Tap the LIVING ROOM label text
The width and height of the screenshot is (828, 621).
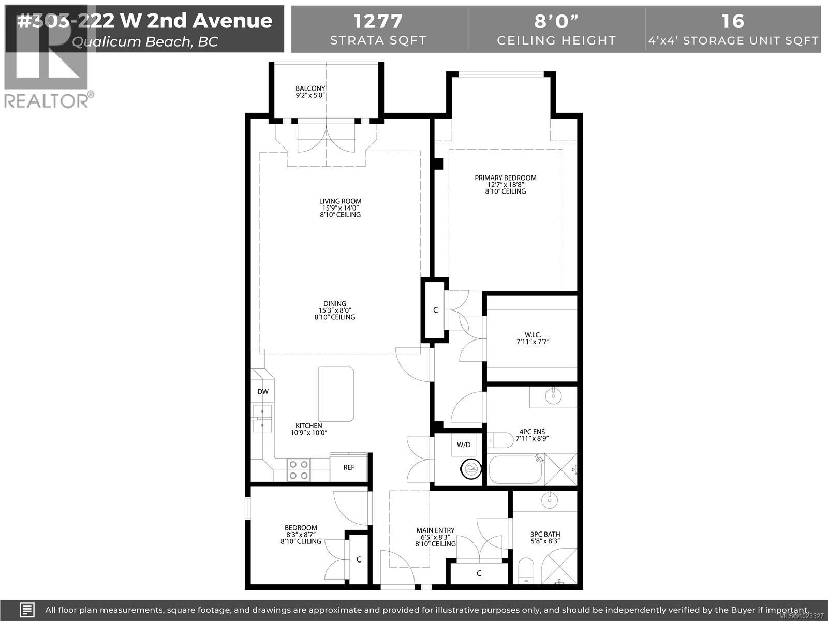pyautogui.click(x=340, y=201)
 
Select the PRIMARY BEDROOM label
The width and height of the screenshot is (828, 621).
pyautogui.click(x=506, y=178)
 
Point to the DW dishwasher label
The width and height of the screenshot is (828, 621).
pyautogui.click(x=263, y=392)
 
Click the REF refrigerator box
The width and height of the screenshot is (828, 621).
pyautogui.click(x=349, y=467)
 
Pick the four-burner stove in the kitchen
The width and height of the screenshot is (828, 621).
pyautogui.click(x=299, y=470)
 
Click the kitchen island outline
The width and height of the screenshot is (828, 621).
pyautogui.click(x=336, y=393)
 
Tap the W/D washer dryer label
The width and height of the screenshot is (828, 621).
pyautogui.click(x=464, y=445)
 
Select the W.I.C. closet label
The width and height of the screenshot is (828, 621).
pyautogui.click(x=532, y=335)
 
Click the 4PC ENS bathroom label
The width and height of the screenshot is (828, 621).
pyautogui.click(x=532, y=432)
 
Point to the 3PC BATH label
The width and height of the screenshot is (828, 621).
pyautogui.click(x=545, y=534)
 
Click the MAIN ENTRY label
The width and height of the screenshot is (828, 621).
pyautogui.click(x=435, y=530)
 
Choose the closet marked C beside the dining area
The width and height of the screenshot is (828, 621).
pyautogui.click(x=435, y=310)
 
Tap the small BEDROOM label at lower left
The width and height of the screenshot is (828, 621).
pyautogui.click(x=302, y=528)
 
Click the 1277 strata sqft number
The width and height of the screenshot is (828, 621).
pyautogui.click(x=378, y=21)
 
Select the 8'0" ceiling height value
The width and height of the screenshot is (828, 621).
pyautogui.click(x=556, y=21)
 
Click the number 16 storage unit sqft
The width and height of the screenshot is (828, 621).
pyautogui.click(x=733, y=21)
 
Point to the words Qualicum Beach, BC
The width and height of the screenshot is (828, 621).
pyautogui.click(x=145, y=41)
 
